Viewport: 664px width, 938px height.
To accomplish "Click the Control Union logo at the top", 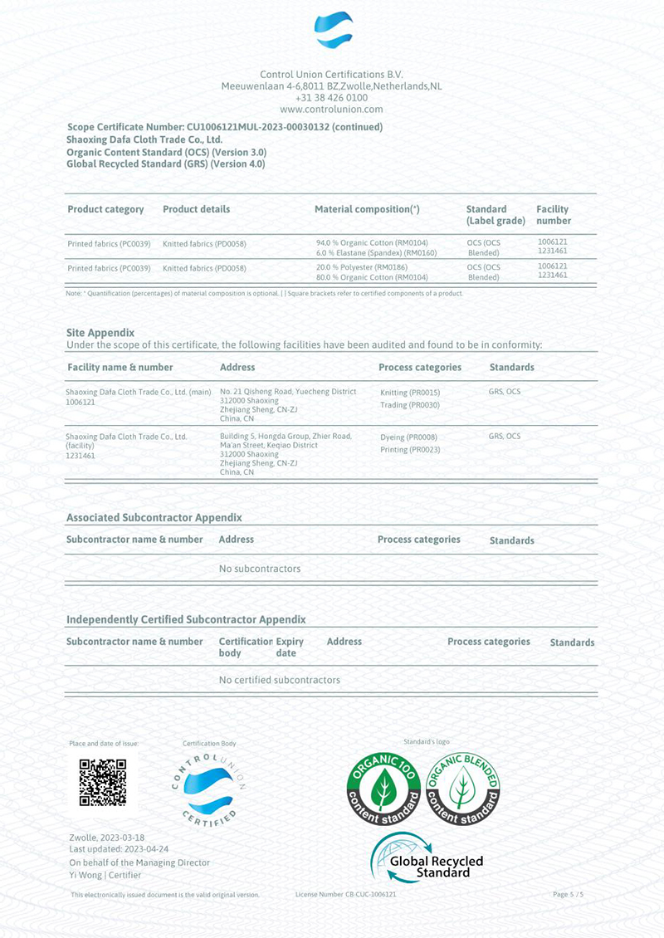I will (x=332, y=32).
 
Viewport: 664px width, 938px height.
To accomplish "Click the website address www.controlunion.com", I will (x=331, y=109).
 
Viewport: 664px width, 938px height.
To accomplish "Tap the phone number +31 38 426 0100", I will (x=331, y=97).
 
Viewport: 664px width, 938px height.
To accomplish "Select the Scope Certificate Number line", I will (x=224, y=127).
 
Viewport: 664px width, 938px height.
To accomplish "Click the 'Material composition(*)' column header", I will (x=367, y=209).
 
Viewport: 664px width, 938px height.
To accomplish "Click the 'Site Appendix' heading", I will (x=100, y=332).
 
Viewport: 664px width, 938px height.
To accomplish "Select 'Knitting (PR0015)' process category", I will (x=410, y=392).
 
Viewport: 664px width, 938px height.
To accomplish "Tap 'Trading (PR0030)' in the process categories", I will (x=410, y=405).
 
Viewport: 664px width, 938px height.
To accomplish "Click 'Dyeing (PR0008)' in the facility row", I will (x=408, y=437).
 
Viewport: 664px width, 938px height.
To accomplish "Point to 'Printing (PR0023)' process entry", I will (x=410, y=449).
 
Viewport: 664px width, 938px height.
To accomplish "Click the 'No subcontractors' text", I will (x=259, y=569).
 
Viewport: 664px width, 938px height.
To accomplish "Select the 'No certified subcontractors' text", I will (x=279, y=680).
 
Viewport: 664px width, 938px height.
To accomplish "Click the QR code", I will (x=102, y=782).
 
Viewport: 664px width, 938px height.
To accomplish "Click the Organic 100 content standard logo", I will (x=383, y=788).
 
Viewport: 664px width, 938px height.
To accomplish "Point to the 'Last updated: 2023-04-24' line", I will (x=120, y=849).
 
